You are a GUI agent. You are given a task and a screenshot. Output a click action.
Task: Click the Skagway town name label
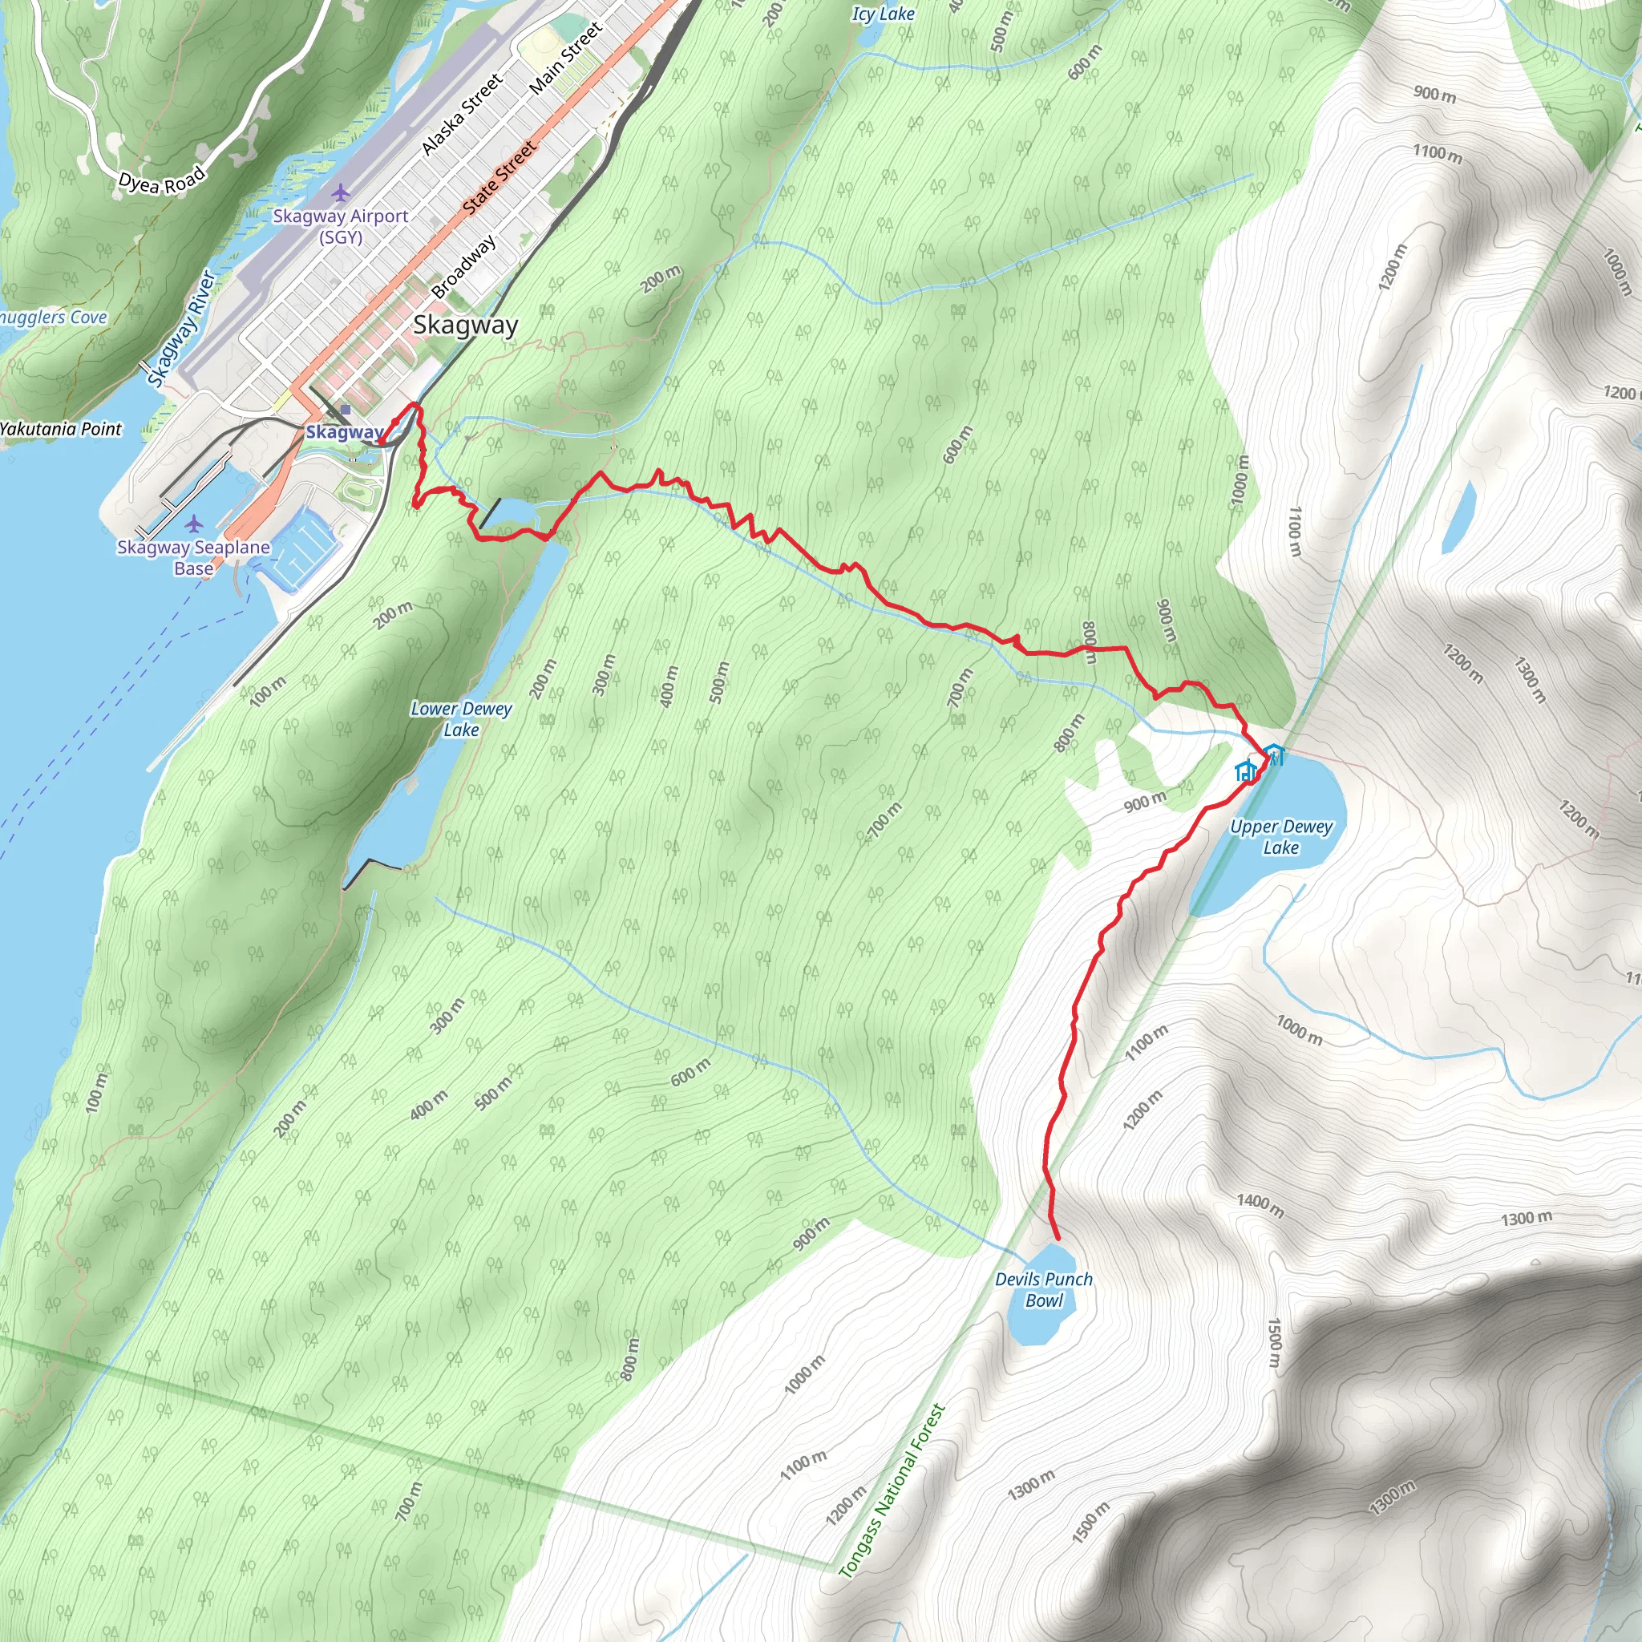click(x=465, y=326)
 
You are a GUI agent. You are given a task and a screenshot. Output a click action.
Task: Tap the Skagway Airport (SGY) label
click(x=340, y=226)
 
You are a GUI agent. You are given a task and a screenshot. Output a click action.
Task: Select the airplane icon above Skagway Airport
click(x=341, y=193)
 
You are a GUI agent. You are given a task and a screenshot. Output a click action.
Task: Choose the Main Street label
click(x=565, y=57)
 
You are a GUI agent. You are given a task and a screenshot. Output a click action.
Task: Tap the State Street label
click(x=499, y=176)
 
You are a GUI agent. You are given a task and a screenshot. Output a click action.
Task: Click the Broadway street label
click(x=463, y=267)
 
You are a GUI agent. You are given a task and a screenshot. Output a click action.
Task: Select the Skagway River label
click(x=181, y=329)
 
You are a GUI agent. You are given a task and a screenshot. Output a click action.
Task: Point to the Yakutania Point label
click(x=60, y=429)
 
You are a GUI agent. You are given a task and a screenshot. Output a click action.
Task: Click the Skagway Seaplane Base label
click(x=194, y=557)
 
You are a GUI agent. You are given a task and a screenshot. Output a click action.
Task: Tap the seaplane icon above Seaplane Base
click(x=194, y=523)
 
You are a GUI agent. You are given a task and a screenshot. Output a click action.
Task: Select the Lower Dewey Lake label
click(x=461, y=719)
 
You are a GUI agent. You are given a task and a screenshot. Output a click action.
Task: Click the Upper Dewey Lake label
click(x=1280, y=836)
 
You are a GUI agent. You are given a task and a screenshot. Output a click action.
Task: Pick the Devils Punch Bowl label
click(x=1044, y=1289)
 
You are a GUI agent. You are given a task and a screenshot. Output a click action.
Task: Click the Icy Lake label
click(x=883, y=14)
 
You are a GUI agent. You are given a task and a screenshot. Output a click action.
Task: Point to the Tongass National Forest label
click(x=892, y=1490)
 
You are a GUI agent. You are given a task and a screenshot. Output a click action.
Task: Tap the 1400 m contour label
click(x=1260, y=1203)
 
